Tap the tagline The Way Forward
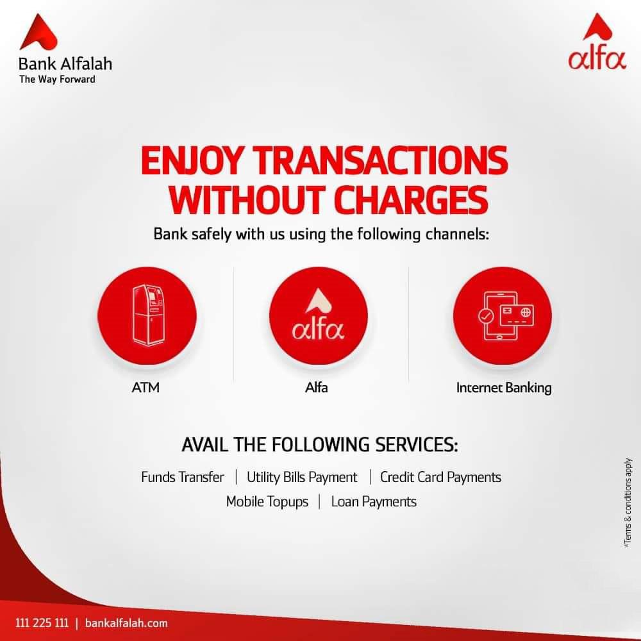57,79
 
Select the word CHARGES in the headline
410,199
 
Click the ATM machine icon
148,315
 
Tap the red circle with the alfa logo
319,315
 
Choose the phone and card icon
506,315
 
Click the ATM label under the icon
146,387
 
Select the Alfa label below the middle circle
317,387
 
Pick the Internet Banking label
504,388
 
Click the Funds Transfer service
182,477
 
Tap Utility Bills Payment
302,477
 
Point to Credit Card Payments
440,477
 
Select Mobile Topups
267,502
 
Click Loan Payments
374,502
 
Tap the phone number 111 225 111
42,623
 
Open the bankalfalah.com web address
126,623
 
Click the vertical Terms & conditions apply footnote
628,503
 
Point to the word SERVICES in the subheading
417,445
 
